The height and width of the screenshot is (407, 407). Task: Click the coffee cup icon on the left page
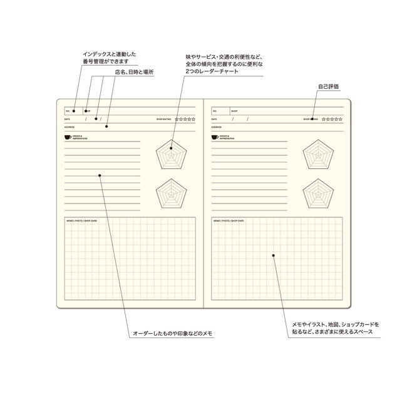tap(68, 137)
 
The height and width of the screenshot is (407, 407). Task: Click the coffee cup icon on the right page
tap(215, 137)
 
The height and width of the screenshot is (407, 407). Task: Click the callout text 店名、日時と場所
tap(134, 72)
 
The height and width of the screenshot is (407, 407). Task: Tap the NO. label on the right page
tap(215, 110)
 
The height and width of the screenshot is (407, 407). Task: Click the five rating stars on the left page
tap(185, 118)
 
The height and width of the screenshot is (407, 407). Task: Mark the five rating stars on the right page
tap(332, 118)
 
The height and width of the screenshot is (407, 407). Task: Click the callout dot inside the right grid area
tap(273, 255)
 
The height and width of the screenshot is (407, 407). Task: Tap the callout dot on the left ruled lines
tap(100, 177)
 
